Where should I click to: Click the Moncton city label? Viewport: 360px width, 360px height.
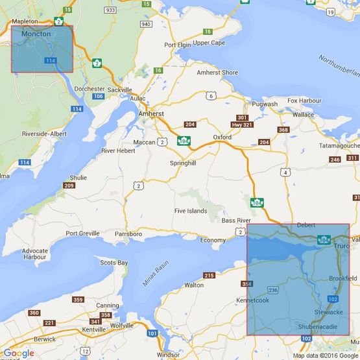click(x=36, y=33)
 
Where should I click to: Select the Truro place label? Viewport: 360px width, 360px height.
click(x=341, y=247)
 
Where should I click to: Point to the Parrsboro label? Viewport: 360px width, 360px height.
click(x=128, y=234)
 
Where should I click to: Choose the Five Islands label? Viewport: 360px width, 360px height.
click(x=191, y=211)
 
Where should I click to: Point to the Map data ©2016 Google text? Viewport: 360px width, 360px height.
click(x=324, y=355)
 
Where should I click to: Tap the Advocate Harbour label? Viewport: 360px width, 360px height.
click(x=34, y=254)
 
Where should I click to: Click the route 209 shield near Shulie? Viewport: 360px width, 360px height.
click(x=69, y=186)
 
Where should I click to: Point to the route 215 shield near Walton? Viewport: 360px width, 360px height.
click(x=209, y=276)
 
